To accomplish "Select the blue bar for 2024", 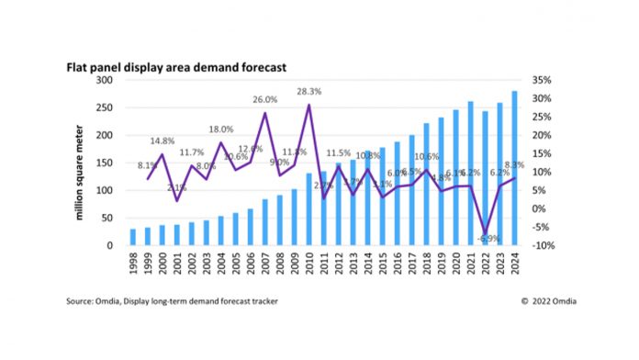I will point(514,169).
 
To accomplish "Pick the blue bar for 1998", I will point(133,237).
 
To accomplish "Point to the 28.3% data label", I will point(308,92).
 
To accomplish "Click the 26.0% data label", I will point(265,100).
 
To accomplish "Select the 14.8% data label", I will point(162,141).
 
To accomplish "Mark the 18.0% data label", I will point(221,129).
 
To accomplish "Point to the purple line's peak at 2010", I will point(308,105).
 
